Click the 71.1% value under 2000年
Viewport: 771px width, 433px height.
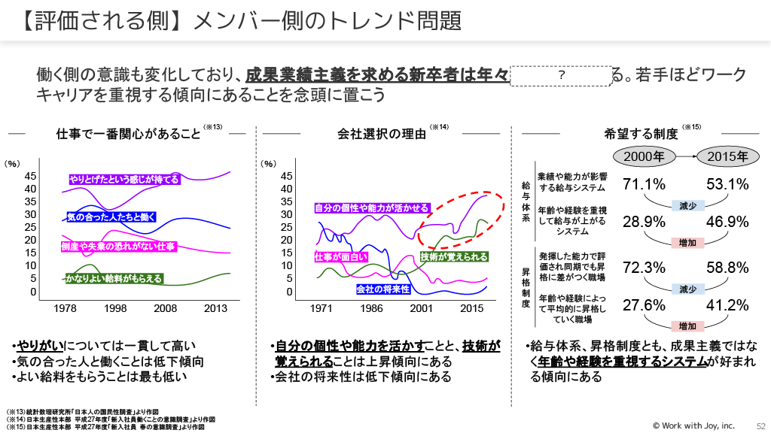[645, 184]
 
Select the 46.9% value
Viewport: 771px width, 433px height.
[727, 222]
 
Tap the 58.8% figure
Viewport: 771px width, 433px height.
[727, 268]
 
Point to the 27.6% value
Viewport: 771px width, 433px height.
[645, 305]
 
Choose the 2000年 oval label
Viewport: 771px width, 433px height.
[645, 156]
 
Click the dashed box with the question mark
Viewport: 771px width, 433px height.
[562, 75]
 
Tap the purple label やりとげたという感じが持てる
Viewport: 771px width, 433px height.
[124, 180]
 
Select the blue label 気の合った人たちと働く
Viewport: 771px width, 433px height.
[111, 217]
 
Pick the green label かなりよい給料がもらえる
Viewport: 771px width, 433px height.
[114, 279]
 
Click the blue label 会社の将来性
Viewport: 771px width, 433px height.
[382, 289]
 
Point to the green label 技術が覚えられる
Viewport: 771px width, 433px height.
[454, 257]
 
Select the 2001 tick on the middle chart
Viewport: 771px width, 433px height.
[422, 309]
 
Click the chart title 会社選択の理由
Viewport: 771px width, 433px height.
[382, 135]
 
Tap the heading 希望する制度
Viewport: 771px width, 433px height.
[641, 135]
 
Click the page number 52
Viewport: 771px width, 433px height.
[760, 425]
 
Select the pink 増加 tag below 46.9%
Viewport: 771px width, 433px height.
[687, 242]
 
